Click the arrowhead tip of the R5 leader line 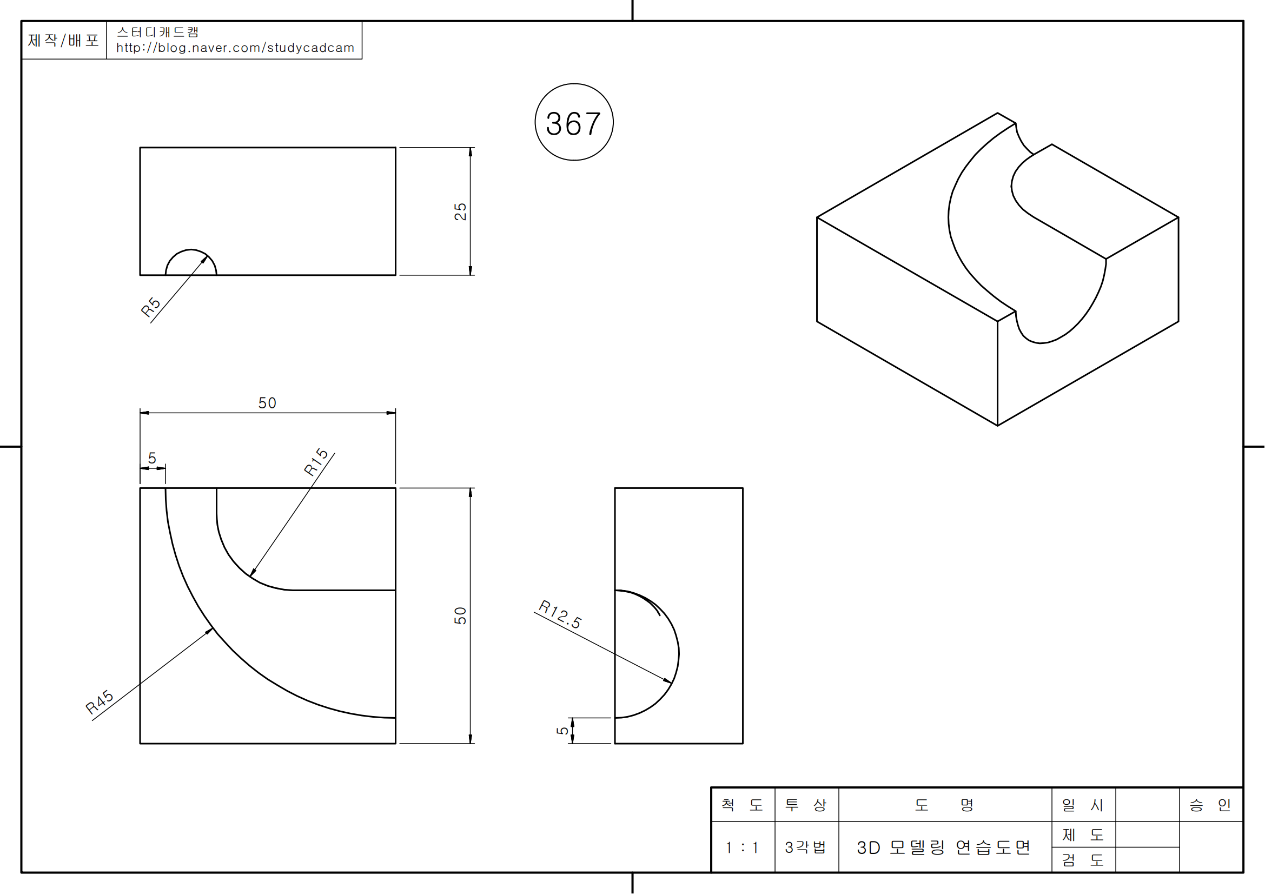[x=208, y=256]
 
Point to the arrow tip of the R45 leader [x=213, y=628]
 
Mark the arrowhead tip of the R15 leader [x=250, y=577]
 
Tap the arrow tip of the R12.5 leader [x=672, y=683]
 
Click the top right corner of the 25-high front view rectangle [x=395, y=148]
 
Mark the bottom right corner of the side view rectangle [x=743, y=744]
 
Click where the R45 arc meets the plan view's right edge [x=395, y=718]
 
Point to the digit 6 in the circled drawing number [x=573, y=123]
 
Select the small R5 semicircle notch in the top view [x=191, y=262]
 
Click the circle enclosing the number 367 [x=574, y=122]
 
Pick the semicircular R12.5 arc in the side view [x=647, y=654]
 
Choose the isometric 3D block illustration [x=997, y=269]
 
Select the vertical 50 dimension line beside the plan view [x=470, y=616]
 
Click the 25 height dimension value [x=460, y=211]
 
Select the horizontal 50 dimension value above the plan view [x=267, y=403]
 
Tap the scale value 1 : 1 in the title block [x=742, y=847]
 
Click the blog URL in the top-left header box [x=235, y=48]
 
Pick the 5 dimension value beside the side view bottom [x=562, y=731]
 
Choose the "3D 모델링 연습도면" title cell [x=944, y=847]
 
